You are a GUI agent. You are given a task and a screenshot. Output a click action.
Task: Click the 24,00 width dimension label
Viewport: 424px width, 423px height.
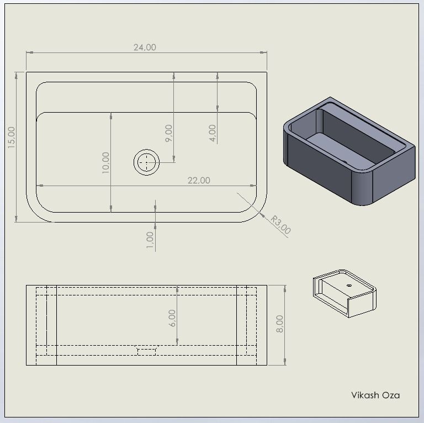(x=145, y=47)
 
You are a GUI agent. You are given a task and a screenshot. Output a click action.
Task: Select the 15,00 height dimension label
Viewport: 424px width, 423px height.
(x=12, y=138)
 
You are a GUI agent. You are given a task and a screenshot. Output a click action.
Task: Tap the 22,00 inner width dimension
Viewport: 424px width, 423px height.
(x=199, y=181)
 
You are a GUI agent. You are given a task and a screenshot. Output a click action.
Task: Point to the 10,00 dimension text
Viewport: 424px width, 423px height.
(x=106, y=162)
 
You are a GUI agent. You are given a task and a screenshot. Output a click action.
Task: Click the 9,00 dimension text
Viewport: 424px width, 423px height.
(x=169, y=133)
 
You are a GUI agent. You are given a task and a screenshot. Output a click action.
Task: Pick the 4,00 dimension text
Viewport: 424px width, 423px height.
(x=213, y=133)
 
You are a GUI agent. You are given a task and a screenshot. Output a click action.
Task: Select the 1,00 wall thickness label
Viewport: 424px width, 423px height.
(x=150, y=240)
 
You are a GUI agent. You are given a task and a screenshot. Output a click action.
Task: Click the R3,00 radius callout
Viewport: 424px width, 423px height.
(x=281, y=225)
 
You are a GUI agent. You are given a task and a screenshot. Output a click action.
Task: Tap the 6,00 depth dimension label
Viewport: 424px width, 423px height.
(x=172, y=318)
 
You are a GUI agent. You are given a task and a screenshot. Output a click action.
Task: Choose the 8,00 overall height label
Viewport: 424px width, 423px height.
(x=279, y=324)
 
